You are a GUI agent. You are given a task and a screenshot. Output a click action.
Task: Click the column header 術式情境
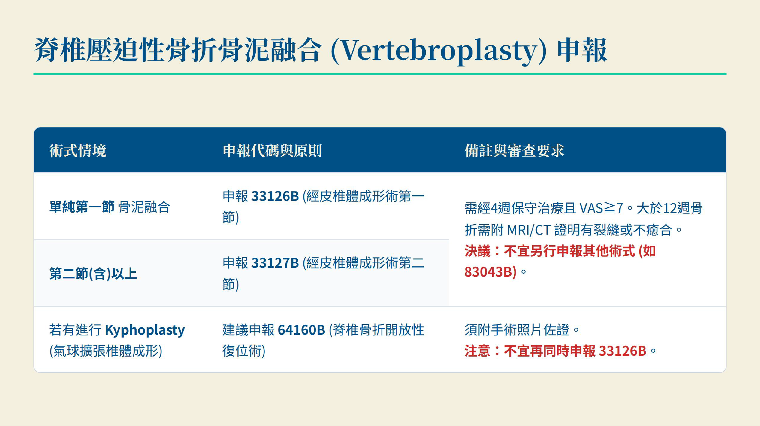(x=78, y=151)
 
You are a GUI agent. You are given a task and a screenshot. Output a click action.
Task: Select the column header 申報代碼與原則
(x=272, y=151)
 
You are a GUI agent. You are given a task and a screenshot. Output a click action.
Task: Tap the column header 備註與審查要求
(x=514, y=151)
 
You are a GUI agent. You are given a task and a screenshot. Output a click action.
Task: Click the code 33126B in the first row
(x=275, y=196)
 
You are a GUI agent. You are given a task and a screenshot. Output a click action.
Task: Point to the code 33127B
(x=275, y=263)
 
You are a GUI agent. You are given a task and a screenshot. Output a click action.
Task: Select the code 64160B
(x=301, y=330)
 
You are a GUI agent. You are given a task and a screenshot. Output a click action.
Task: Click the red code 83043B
(x=488, y=272)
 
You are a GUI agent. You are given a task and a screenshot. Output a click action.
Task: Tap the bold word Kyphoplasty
(x=145, y=330)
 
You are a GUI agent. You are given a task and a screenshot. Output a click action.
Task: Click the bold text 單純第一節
(x=82, y=207)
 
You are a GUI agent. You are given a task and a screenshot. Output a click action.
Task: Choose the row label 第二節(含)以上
(x=93, y=274)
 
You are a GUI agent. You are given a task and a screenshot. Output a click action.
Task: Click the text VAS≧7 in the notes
(x=602, y=208)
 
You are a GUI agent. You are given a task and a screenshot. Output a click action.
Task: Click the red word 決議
(x=477, y=251)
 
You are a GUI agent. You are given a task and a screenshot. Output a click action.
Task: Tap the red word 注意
(x=477, y=351)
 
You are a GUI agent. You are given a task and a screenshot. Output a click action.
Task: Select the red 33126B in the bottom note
(x=623, y=351)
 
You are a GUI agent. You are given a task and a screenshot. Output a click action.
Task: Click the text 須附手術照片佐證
(x=517, y=330)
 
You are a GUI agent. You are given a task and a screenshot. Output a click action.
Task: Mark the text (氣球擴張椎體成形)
(x=106, y=351)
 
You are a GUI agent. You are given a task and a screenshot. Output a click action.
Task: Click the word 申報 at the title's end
(x=582, y=50)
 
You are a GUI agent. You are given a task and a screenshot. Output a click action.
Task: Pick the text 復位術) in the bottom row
(x=244, y=351)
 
